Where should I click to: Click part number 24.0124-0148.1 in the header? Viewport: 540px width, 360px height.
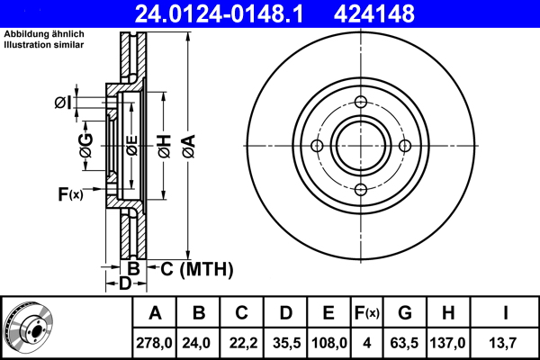point(219,13)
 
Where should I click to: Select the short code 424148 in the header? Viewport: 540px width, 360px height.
point(374,13)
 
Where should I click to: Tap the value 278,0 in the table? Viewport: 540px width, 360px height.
point(154,343)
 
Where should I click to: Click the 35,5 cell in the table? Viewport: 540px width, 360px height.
point(286,343)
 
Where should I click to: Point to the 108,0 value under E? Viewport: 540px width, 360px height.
point(328,343)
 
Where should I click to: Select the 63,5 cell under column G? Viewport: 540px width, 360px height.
point(404,343)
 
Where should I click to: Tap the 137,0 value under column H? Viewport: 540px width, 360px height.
point(447,343)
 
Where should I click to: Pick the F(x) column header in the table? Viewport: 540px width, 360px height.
point(367,313)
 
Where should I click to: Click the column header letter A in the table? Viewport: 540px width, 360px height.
point(155,313)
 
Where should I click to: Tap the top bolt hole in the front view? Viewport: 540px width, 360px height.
point(361,102)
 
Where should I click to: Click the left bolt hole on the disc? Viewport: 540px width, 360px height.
point(317,146)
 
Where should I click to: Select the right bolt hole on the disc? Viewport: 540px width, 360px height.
point(405,146)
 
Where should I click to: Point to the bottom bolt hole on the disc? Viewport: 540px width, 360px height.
point(361,190)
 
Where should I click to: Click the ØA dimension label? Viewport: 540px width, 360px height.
point(189,146)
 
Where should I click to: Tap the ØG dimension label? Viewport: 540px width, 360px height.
point(85,146)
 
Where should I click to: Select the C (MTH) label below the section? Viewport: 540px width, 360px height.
point(196,269)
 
